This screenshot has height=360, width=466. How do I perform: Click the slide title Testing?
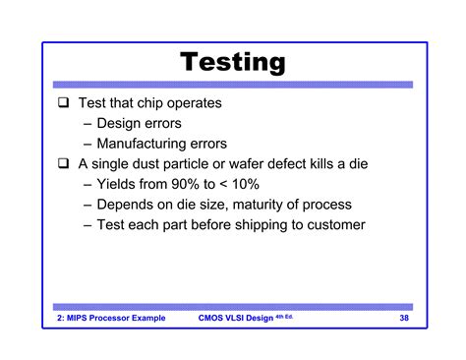point(233,64)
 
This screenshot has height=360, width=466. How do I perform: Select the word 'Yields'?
point(120,184)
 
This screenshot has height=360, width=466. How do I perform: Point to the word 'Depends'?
point(128,205)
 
